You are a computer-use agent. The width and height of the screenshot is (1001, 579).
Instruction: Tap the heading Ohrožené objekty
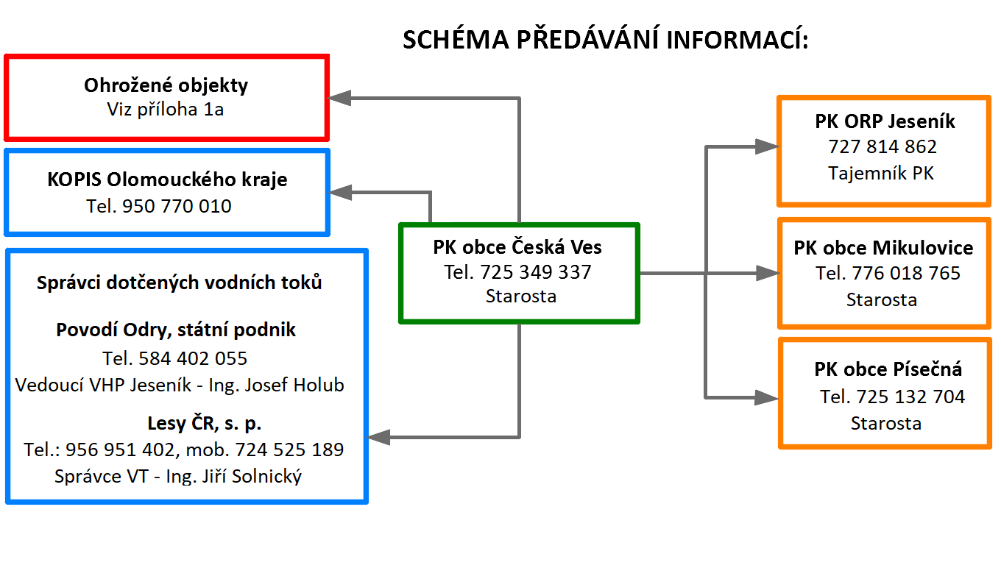(x=166, y=85)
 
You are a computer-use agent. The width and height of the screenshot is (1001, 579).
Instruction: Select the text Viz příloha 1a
(x=165, y=110)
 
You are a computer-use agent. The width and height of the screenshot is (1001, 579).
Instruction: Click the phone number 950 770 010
(x=177, y=206)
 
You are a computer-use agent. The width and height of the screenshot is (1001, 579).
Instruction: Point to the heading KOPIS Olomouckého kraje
(x=167, y=180)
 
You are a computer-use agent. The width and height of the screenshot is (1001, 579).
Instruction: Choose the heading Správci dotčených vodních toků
(x=179, y=283)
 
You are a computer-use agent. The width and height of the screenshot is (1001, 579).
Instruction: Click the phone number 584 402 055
(x=193, y=358)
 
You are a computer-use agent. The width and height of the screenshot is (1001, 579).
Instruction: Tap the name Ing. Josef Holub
(x=276, y=385)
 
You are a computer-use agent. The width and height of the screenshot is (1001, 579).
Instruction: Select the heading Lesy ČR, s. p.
(x=204, y=423)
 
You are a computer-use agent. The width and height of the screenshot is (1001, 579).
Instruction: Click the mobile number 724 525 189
(x=289, y=450)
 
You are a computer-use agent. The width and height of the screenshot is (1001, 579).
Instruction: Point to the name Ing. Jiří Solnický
(x=234, y=476)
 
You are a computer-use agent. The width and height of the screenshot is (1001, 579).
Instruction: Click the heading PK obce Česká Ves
(x=517, y=247)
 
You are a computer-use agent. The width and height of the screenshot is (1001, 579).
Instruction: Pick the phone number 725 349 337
(x=535, y=272)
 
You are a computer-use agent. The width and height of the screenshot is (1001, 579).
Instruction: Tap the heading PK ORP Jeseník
(x=885, y=121)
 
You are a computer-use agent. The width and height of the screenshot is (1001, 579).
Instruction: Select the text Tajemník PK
(x=881, y=174)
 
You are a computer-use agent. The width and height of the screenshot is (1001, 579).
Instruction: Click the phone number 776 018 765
(x=906, y=273)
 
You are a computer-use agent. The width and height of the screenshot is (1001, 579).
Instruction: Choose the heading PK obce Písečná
(x=888, y=369)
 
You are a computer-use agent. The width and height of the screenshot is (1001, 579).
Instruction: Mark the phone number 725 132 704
(x=910, y=397)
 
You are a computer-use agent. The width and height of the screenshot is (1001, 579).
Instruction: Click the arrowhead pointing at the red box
(x=339, y=98)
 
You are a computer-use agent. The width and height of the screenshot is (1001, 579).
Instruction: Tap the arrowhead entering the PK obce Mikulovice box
(x=768, y=273)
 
